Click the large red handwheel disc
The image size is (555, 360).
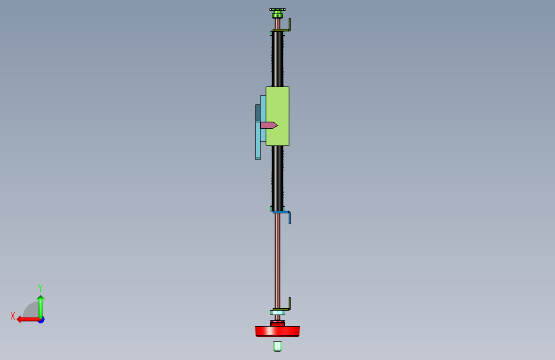coord(278,331)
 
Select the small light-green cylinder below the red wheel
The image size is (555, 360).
coord(278,346)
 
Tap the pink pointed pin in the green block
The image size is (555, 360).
coord(269,125)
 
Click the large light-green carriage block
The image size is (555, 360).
coord(278,116)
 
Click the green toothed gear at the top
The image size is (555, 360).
coord(278,13)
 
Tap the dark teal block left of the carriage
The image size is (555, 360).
coord(258,113)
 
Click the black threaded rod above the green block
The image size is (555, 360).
coord(278,59)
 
